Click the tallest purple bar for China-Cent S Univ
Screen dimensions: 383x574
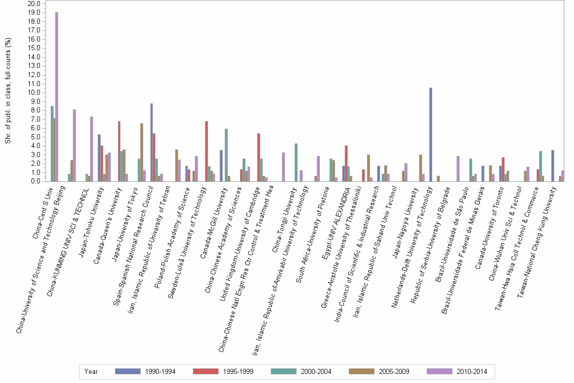click(57, 96)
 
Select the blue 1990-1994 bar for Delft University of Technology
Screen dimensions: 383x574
click(431, 134)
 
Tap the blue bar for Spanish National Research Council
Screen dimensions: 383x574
click(152, 142)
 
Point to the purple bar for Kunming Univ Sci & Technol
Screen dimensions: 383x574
click(92, 149)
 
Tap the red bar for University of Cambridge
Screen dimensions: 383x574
click(259, 157)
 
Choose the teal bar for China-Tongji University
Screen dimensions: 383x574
click(296, 162)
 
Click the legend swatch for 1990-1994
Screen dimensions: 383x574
click(128, 371)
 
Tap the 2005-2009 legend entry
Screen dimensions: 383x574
click(393, 371)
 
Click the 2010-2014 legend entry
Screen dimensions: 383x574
click(471, 371)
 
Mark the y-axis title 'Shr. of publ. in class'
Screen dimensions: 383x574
click(8, 91)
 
